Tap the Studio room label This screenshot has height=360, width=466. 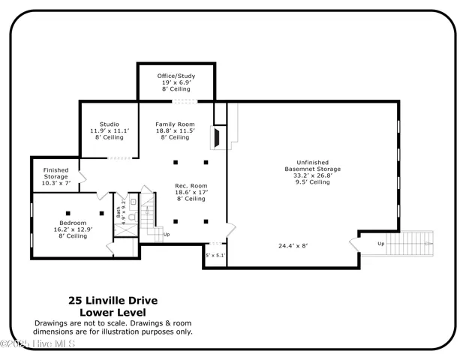coord(109,124)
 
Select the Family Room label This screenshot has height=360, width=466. coord(175,124)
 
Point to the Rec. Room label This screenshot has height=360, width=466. coord(191,186)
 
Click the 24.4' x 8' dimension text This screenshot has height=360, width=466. coord(293,245)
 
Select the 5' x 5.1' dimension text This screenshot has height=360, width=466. coord(215,255)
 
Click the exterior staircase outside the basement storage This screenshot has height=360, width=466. coord(413,243)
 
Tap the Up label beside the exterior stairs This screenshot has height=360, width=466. coord(380,243)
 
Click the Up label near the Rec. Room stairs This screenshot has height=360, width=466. coord(166,234)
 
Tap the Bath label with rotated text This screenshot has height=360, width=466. coord(119,212)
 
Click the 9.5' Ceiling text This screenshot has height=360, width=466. coord(312,182)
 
